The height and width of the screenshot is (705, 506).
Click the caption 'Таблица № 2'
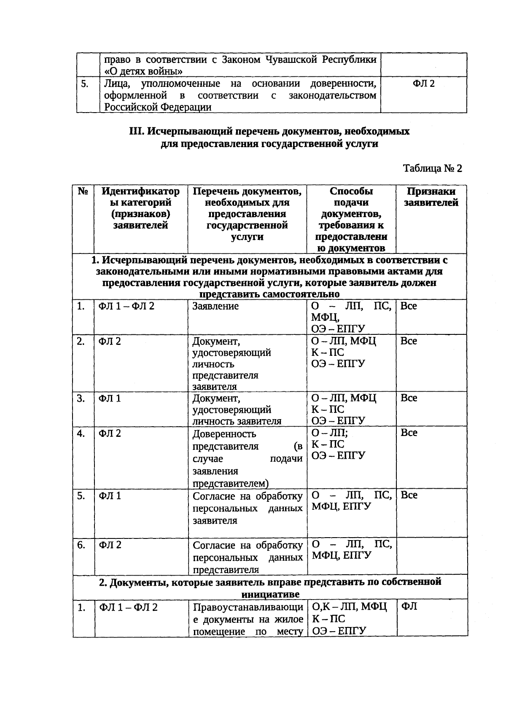[432, 168]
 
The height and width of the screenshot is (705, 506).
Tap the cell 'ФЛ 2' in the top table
[423, 83]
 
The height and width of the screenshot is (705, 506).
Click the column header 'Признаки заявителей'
[431, 197]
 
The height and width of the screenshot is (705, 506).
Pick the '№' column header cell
[83, 191]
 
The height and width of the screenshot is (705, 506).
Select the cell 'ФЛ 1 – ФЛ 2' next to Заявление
[126, 306]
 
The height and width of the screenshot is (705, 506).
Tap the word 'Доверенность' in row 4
[224, 433]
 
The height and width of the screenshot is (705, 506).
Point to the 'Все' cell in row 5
[409, 495]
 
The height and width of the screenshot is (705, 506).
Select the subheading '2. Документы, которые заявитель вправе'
[270, 582]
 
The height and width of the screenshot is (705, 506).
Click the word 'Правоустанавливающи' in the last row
[248, 607]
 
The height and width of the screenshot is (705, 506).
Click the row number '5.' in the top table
[85, 83]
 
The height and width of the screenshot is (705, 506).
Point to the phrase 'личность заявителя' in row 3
[237, 421]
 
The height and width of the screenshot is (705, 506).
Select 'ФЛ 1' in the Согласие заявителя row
[110, 495]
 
